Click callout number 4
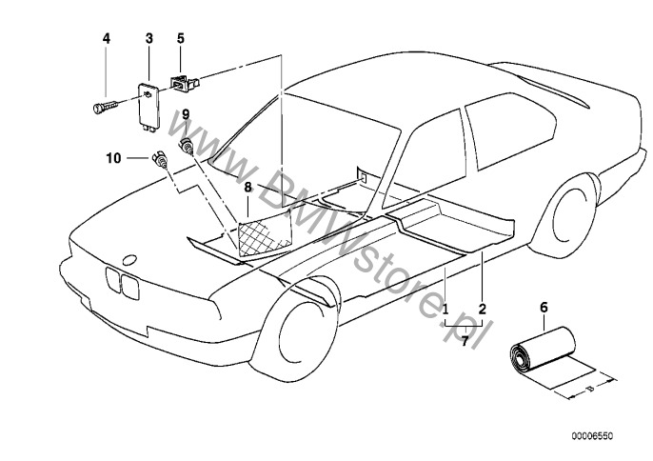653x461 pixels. click(107, 38)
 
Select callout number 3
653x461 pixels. click(149, 38)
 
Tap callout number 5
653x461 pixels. click(180, 38)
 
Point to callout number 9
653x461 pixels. click(186, 113)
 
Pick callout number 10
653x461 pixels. click(113, 158)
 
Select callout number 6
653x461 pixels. click(544, 308)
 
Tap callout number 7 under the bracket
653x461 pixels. click(464, 340)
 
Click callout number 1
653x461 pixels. click(445, 309)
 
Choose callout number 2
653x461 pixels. click(482, 309)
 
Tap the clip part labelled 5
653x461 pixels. click(182, 82)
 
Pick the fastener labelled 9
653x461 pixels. click(187, 145)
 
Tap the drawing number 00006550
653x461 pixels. click(592, 436)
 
